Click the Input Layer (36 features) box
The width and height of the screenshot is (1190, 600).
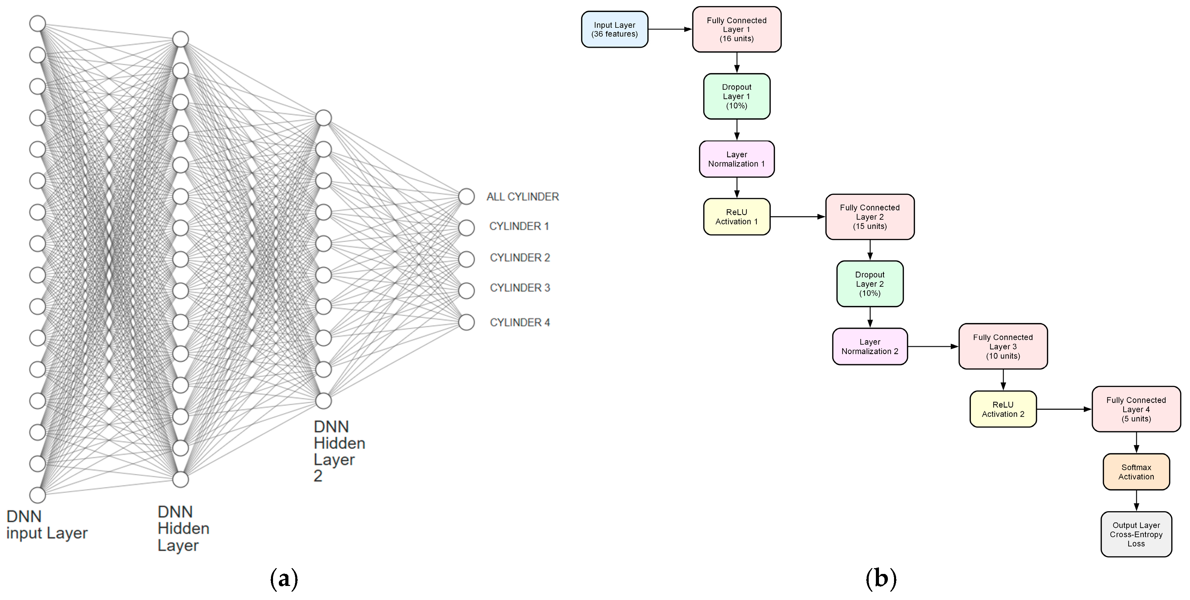point(615,29)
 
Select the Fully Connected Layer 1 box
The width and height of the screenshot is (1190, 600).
point(736,29)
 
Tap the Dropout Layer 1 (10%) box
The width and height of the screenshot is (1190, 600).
point(736,96)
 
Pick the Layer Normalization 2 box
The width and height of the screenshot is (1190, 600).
point(869,347)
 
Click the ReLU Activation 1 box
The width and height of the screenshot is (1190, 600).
point(736,217)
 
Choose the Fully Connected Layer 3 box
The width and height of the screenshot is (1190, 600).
point(1002,347)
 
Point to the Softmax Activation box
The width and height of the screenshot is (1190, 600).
point(1136,472)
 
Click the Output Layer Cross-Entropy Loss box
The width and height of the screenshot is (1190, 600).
point(1136,535)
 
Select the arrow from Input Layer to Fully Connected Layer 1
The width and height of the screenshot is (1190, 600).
point(670,29)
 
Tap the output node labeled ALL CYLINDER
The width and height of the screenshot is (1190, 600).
point(467,196)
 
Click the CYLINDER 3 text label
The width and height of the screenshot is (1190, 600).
point(520,288)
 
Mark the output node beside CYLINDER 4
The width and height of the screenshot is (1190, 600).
point(467,322)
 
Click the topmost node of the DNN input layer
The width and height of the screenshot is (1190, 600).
point(37,23)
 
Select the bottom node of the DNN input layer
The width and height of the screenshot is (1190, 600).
point(37,495)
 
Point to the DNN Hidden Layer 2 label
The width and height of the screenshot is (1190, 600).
point(339,451)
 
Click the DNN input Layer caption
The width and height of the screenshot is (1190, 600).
point(46,525)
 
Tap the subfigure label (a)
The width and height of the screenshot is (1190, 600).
point(284,579)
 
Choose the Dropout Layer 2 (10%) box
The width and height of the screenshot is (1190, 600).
point(869,284)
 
